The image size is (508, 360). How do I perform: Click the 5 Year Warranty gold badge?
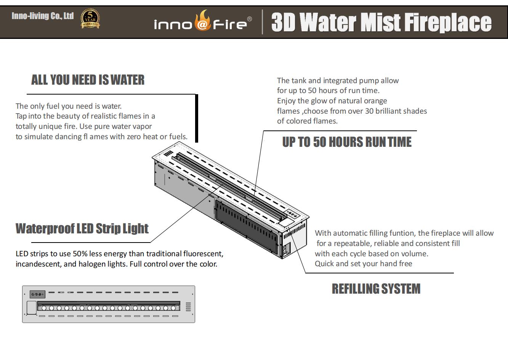(90, 19)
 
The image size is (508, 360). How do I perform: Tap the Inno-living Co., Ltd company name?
(43, 16)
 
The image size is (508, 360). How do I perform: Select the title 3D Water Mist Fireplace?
(381, 22)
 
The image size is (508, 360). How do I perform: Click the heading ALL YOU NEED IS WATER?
(88, 80)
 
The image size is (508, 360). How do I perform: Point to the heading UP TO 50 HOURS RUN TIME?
(347, 142)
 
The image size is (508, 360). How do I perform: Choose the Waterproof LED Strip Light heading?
(82, 228)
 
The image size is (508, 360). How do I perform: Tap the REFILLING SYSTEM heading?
(376, 289)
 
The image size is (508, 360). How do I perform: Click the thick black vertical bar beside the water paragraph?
(197, 118)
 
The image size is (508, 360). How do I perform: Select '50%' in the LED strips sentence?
(80, 254)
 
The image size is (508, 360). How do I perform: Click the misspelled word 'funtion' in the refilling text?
(404, 233)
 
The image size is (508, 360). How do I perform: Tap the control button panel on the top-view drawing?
(37, 294)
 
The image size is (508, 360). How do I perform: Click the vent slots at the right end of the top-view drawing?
(188, 307)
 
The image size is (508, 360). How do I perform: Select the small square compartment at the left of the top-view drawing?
(31, 308)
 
